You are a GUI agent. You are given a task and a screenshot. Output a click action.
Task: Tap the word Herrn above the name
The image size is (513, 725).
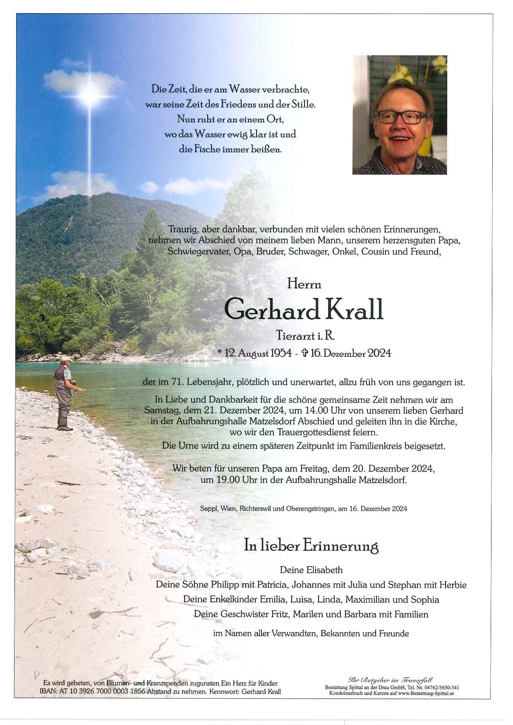tap(304, 284)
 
